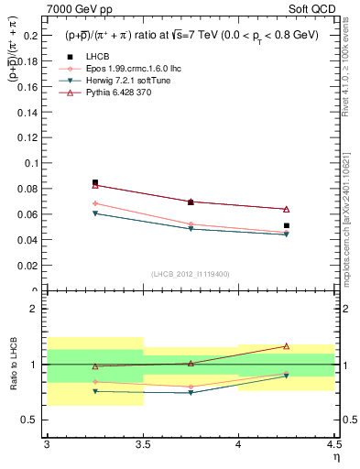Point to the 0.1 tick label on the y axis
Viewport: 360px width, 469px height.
(x=32, y=163)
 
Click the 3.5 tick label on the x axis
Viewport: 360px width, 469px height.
(x=142, y=444)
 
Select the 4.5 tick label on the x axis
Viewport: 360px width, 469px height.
(x=333, y=444)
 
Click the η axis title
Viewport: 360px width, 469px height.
(x=335, y=457)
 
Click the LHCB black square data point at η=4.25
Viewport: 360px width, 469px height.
(x=287, y=225)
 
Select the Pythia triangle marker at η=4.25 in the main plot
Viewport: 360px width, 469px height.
(x=287, y=209)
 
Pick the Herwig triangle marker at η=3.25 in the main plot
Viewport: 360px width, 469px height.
(x=95, y=213)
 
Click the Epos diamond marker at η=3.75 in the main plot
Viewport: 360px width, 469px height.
(x=191, y=224)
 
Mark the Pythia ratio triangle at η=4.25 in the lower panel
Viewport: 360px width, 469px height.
(x=287, y=346)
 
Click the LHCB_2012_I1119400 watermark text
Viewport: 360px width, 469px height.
(x=191, y=274)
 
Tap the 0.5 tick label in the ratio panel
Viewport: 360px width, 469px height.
(x=32, y=420)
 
